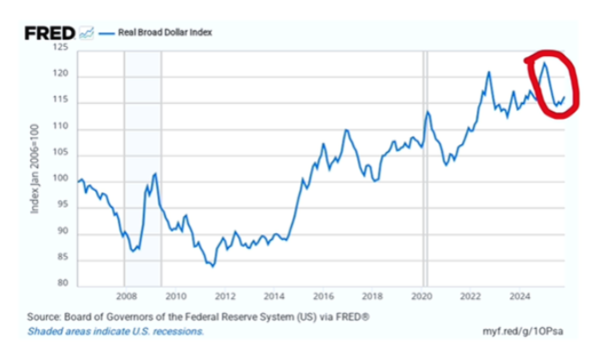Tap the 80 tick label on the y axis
pyautogui.click(x=63, y=284)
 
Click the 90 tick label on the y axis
pyautogui.click(x=63, y=233)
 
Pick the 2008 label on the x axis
pyautogui.click(x=125, y=295)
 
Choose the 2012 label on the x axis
pyautogui.click(x=225, y=295)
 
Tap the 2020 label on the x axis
pyautogui.click(x=422, y=295)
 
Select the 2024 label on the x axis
pyautogui.click(x=521, y=295)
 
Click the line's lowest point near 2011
pyautogui.click(x=212, y=266)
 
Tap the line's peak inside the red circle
pyautogui.click(x=544, y=61)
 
